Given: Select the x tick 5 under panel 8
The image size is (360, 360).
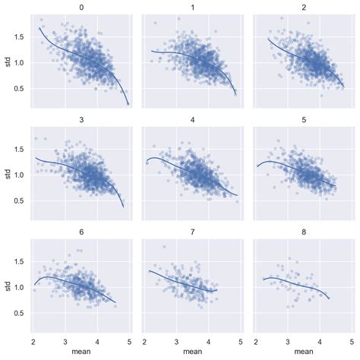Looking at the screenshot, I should point(352,339).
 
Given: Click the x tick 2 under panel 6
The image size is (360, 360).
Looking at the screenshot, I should point(33,339).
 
